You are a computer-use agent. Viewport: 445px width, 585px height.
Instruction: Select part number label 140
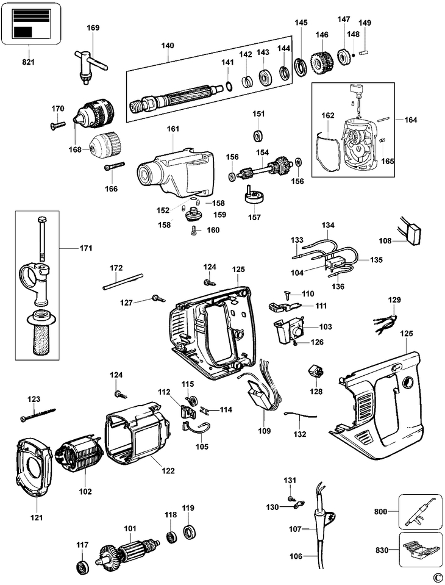point(168,46)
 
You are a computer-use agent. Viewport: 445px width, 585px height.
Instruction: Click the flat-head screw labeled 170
point(57,124)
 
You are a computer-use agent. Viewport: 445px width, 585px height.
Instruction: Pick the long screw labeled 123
point(38,415)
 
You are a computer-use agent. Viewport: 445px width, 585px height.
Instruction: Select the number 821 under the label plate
point(29,62)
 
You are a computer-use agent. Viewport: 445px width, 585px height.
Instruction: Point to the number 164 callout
point(410,120)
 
